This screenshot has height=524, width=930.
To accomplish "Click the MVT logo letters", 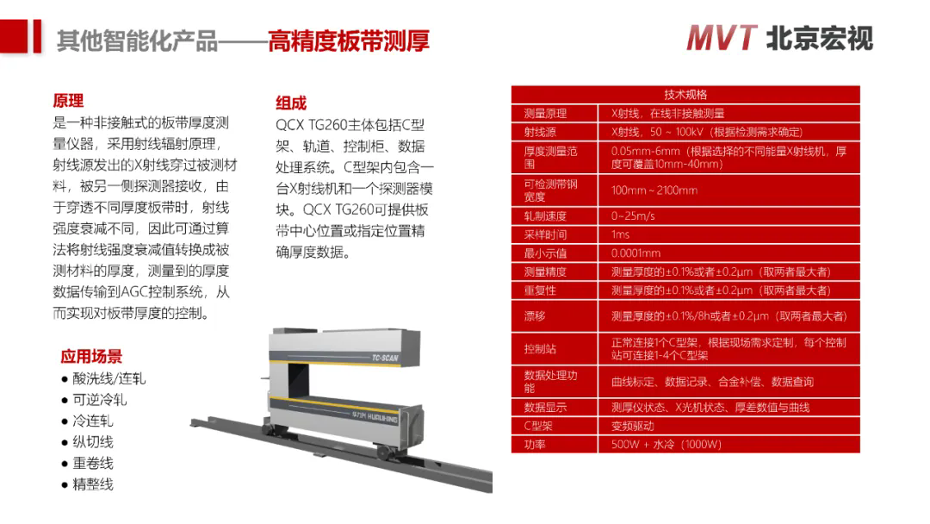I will [722, 38].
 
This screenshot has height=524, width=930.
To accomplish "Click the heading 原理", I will [68, 101].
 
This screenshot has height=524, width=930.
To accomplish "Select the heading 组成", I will [291, 103].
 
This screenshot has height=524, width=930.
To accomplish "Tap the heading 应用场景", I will [91, 356].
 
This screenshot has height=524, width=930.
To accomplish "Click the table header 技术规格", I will [685, 94].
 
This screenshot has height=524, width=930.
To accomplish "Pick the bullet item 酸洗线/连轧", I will [109, 378].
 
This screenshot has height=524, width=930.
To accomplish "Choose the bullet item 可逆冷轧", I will [99, 400].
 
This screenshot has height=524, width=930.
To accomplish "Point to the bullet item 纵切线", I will [92, 442].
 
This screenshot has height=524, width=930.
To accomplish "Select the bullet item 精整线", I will [92, 484].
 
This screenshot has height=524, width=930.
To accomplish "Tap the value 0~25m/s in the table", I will [633, 215].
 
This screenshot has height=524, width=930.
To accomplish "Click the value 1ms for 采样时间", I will [620, 234].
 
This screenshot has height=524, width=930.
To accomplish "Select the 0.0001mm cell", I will [635, 253].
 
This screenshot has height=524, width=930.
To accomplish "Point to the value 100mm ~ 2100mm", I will [654, 190].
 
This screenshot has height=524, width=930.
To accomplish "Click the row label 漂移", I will [534, 316].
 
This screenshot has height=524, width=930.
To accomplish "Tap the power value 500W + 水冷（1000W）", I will [666, 445].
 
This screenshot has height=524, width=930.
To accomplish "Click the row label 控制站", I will [540, 349].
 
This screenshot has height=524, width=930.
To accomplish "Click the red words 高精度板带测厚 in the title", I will [348, 41].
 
